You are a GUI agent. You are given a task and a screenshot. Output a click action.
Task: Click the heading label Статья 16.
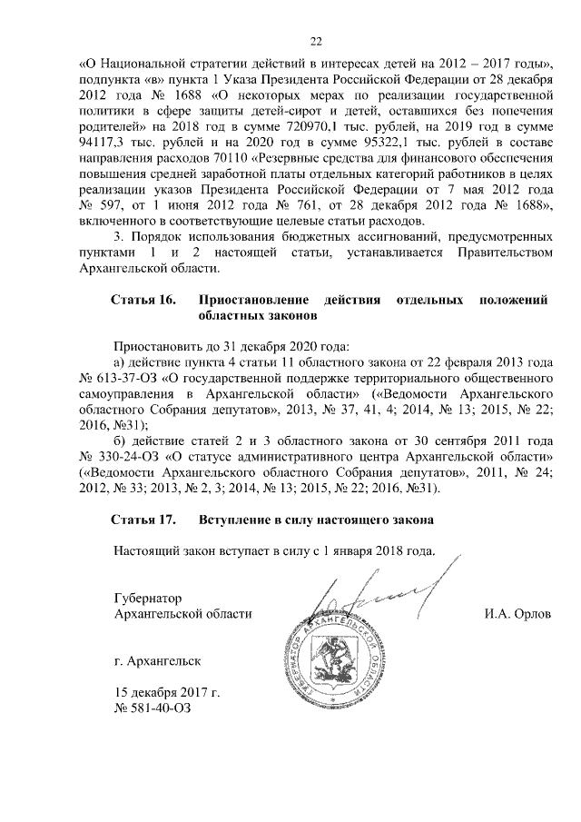point(143,300)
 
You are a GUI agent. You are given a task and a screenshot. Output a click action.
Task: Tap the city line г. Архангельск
point(153,661)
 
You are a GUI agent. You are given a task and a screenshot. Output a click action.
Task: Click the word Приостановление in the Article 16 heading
point(248,300)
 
